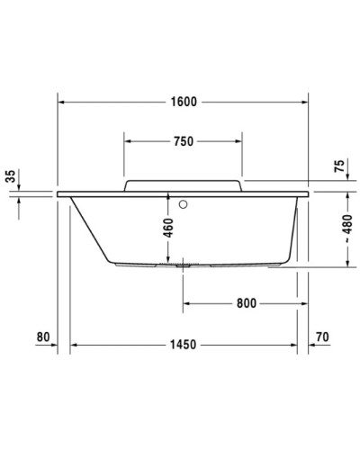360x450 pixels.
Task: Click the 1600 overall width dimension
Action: click(x=183, y=101)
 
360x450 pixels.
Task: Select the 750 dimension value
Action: click(x=183, y=141)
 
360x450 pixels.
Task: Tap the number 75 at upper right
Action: click(x=338, y=166)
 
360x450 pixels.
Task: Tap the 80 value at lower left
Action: click(x=42, y=338)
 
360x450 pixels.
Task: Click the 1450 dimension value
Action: click(x=184, y=345)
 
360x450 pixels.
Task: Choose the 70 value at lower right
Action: click(x=323, y=338)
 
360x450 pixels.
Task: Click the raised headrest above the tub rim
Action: click(x=183, y=184)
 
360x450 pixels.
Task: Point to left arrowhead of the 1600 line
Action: click(x=62, y=101)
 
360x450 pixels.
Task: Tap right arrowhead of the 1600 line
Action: click(x=304, y=101)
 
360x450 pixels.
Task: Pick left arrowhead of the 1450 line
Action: click(x=75, y=345)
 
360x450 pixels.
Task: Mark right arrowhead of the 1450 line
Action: click(x=295, y=345)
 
